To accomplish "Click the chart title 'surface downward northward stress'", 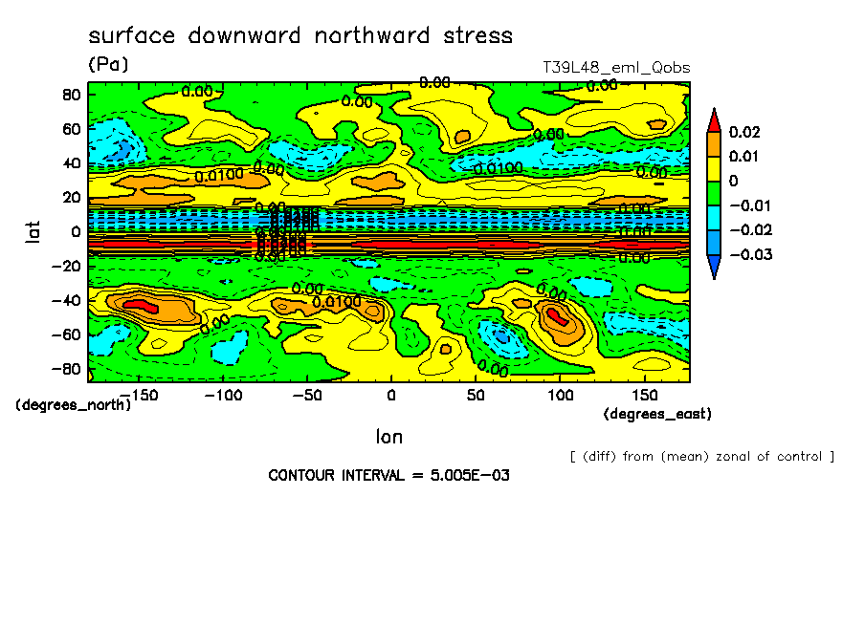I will (x=300, y=36).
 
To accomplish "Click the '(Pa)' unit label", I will (x=107, y=65).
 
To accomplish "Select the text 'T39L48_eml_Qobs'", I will (x=615, y=68).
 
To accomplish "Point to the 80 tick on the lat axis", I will (x=70, y=94).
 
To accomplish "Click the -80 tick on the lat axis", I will (x=66, y=369).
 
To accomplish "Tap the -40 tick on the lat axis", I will (x=66, y=300).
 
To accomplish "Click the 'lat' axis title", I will (x=33, y=230).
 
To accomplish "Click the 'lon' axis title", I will (x=388, y=437).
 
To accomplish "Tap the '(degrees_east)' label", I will (x=657, y=414).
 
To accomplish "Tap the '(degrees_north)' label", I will (x=74, y=404).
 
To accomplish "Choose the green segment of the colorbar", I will (x=714, y=193).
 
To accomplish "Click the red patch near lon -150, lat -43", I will (x=141, y=305).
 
